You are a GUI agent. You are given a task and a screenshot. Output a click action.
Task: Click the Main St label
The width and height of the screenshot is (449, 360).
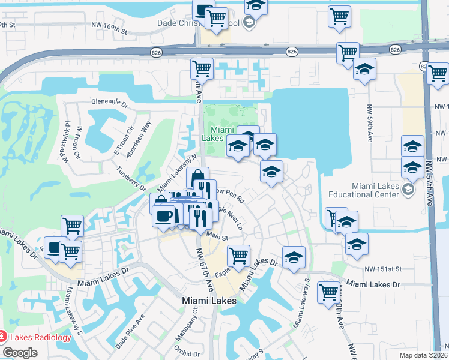click(218, 237)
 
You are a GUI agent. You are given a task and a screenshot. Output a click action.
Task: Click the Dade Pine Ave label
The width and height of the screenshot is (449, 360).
click(130, 333)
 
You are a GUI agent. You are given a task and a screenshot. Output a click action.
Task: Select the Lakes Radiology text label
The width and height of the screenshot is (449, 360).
click(33, 337)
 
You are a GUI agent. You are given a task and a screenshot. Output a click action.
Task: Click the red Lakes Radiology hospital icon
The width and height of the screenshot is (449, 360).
click(3, 337)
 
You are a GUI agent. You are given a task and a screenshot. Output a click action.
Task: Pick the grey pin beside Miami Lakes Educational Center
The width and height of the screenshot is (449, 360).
click(408, 190)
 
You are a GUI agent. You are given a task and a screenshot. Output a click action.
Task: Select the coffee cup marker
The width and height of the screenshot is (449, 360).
click(164, 216)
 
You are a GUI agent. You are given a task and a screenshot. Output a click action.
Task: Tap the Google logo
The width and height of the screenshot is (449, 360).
click(20, 353)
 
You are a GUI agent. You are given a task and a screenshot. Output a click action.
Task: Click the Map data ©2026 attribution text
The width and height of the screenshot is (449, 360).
click(423, 355)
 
